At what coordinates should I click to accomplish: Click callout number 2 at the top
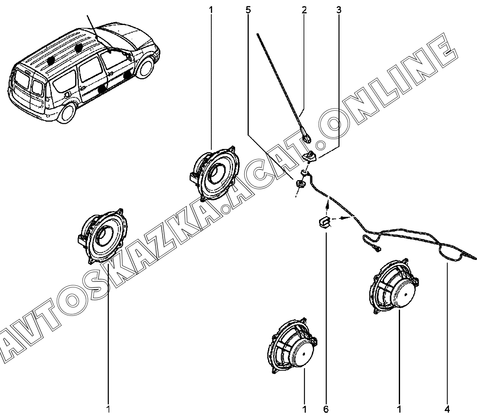(x=304, y=10)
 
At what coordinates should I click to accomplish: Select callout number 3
(x=338, y=10)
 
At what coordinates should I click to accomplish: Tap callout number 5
(x=248, y=10)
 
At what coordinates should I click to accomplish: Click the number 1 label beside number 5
(x=211, y=10)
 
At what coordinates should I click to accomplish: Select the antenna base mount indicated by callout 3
(x=309, y=156)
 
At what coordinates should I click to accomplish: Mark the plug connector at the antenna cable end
(x=378, y=249)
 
